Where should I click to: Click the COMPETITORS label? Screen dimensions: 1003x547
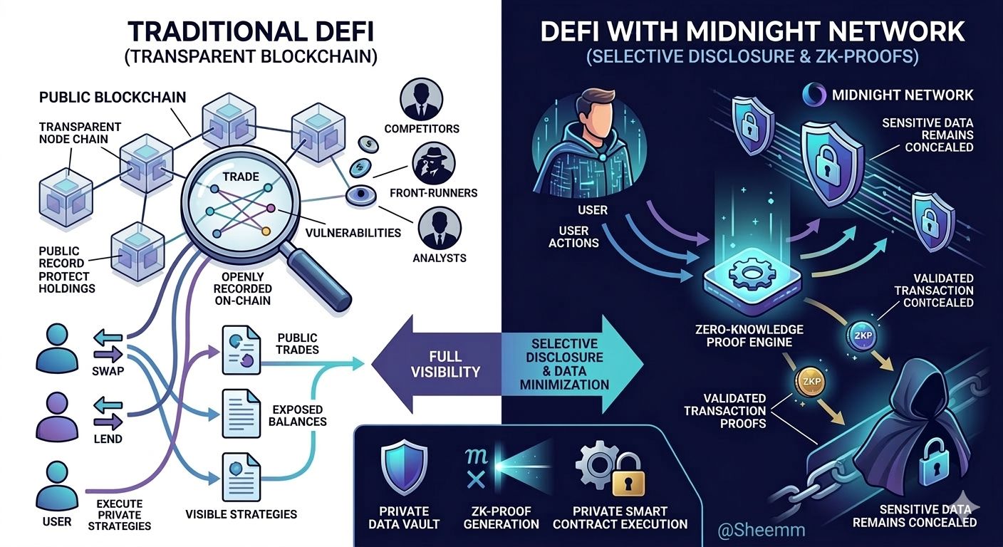[421, 129]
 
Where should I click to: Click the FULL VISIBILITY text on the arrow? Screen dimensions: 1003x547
[445, 363]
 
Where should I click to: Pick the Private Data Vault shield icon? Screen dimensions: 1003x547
[404, 467]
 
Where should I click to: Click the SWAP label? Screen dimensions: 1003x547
[108, 371]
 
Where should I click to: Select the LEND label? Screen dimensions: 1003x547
[108, 439]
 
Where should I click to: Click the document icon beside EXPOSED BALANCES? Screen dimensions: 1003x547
[240, 412]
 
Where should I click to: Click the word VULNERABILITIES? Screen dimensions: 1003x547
[352, 232]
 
